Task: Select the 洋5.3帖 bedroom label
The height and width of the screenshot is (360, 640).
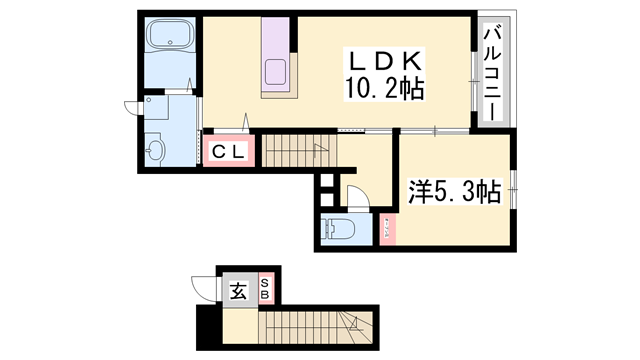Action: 454,191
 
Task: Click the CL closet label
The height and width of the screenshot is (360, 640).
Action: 231,152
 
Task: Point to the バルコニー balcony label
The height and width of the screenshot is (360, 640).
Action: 491,70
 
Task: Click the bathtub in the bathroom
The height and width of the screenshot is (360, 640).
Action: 171,40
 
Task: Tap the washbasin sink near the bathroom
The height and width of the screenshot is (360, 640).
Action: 154,151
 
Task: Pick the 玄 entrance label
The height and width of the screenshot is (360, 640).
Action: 239,291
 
